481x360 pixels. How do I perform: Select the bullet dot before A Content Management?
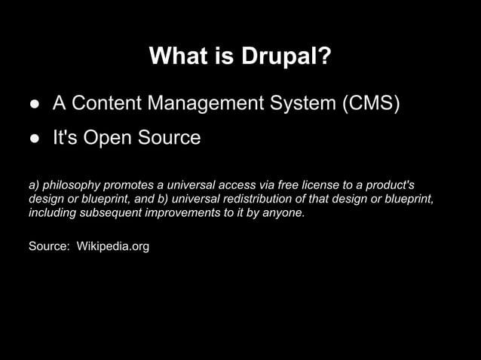[34, 103]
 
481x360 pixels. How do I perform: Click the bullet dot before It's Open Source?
[34, 139]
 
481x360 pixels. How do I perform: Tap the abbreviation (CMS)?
[370, 102]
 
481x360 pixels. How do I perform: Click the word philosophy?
[71, 185]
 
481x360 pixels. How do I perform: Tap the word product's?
[387, 185]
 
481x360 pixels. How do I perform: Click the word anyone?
[286, 213]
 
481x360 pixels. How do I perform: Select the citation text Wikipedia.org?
[113, 246]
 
